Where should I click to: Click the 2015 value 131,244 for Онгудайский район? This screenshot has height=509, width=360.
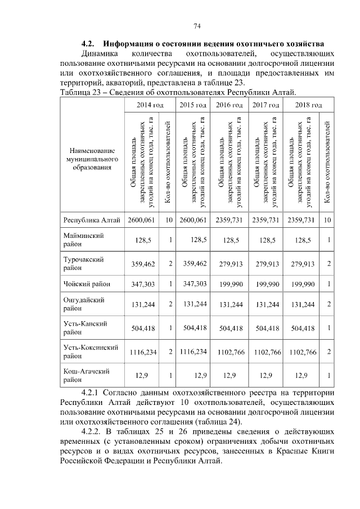tap(193, 304)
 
